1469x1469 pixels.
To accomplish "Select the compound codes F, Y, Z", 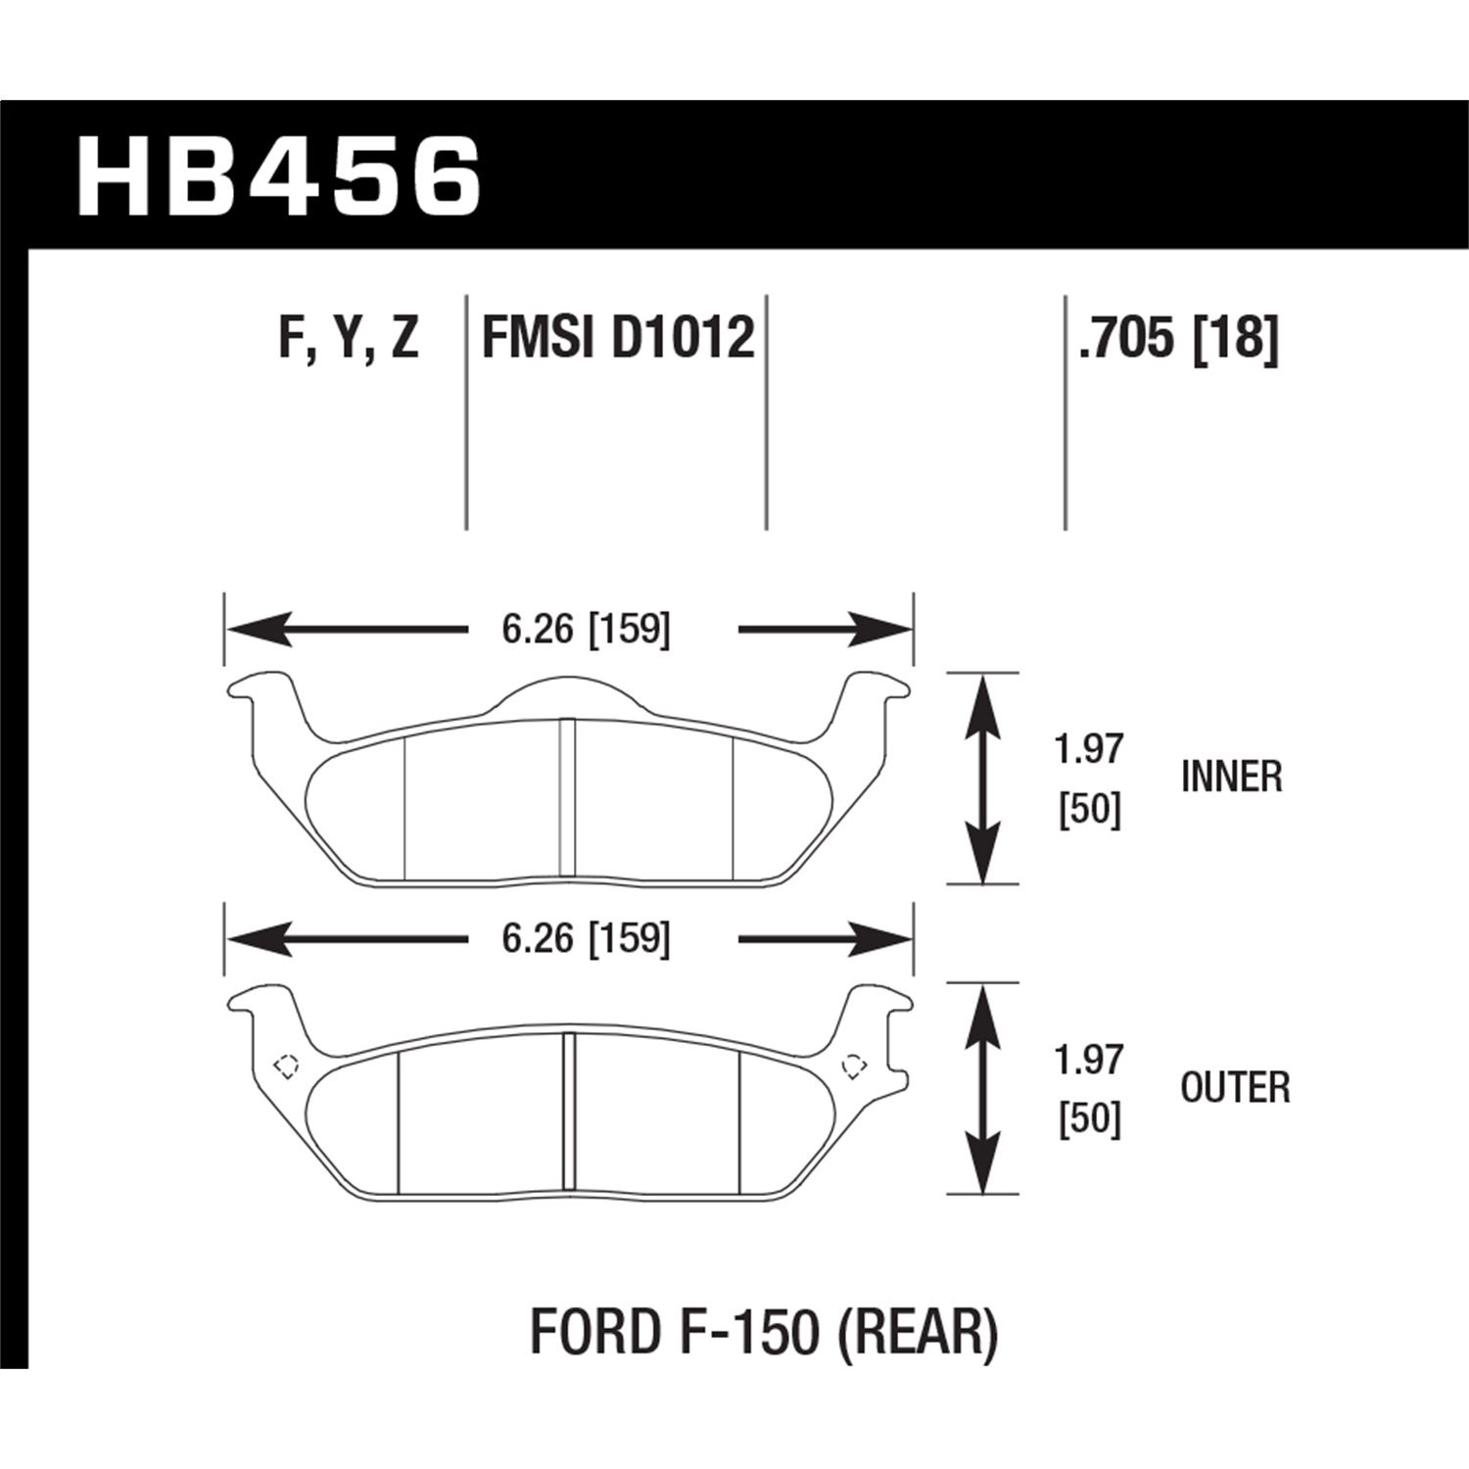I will pos(349,339).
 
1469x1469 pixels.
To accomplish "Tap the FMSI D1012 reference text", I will pos(618,339).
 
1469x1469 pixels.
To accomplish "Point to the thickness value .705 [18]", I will pos(1178,339).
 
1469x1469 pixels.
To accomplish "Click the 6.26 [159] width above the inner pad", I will pos(586,629).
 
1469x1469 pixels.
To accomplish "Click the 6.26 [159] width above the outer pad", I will pos(586,939).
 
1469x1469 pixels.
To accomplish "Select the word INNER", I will pos(1231,778).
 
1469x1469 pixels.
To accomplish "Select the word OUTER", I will pos(1235,1088).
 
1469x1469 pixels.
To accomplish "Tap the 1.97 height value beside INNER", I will pos(1089,750).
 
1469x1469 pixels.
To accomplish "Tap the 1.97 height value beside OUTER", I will pos(1089,1061).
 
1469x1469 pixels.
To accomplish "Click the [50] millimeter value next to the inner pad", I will pos(1089,811).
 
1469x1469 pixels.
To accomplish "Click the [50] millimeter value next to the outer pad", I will pos(1089,1120).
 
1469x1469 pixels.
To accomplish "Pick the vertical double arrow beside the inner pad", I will pos(982,779).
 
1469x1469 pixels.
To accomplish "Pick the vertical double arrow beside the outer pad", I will pos(982,1088).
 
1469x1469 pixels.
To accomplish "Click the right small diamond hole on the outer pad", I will pos(854,1066).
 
